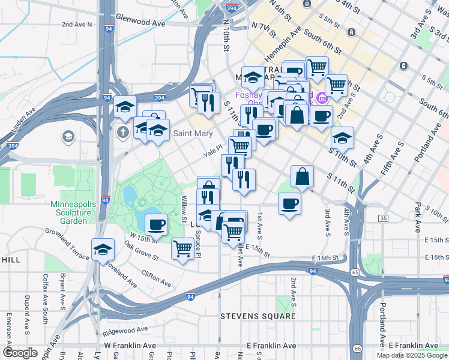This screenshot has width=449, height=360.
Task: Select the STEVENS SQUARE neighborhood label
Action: (258, 316)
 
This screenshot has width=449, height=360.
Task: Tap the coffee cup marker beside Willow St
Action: (156, 224)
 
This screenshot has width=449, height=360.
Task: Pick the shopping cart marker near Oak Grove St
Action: (183, 248)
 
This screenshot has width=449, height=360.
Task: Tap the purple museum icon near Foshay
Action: (322, 97)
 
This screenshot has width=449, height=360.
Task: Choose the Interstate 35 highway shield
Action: (383, 218)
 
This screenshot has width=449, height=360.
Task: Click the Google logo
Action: (20, 353)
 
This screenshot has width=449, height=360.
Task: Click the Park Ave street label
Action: (417, 217)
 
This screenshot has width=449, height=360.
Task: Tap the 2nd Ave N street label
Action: (77, 25)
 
